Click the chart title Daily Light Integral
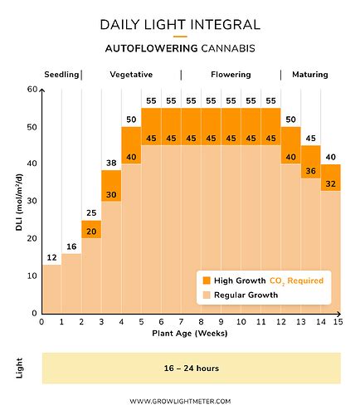click(180, 25)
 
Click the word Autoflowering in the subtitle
click(143, 49)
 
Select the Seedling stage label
click(61, 75)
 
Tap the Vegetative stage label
click(131, 75)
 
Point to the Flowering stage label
click(231, 75)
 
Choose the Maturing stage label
click(309, 75)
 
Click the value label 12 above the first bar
click(51, 257)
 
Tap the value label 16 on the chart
click(71, 247)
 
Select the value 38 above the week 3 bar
click(111, 164)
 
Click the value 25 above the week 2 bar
click(91, 213)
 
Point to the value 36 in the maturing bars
click(310, 172)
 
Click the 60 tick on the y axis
click(32, 90)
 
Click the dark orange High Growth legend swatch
click(207, 281)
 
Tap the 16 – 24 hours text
click(191, 368)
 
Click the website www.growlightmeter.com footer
click(180, 401)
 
